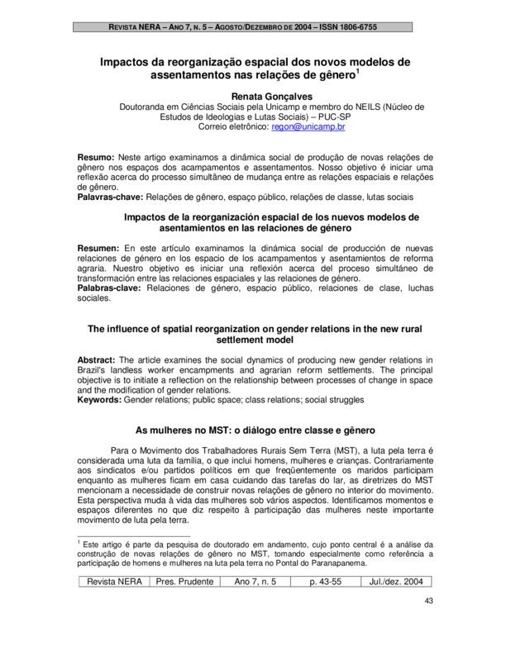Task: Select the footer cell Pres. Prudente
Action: pyautogui.click(x=184, y=582)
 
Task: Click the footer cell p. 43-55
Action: pyautogui.click(x=324, y=582)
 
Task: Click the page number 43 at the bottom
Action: pyautogui.click(x=427, y=601)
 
